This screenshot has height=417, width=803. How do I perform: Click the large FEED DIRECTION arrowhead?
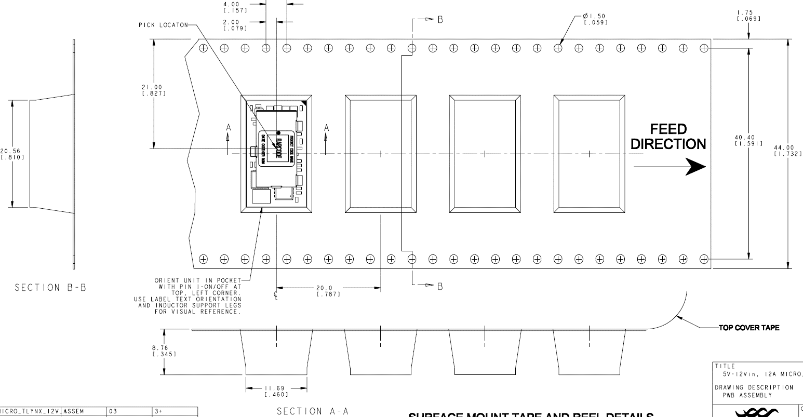(x=696, y=167)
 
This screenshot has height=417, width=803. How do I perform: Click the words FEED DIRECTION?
(x=668, y=137)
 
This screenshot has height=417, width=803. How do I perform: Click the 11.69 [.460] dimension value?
(x=276, y=391)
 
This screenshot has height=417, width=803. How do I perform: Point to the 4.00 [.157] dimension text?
(x=234, y=7)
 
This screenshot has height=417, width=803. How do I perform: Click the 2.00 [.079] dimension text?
(x=234, y=25)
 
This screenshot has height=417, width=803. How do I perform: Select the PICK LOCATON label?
(x=163, y=25)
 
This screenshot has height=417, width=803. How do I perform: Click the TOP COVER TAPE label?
(x=748, y=328)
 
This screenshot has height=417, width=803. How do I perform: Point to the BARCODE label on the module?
(x=278, y=148)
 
